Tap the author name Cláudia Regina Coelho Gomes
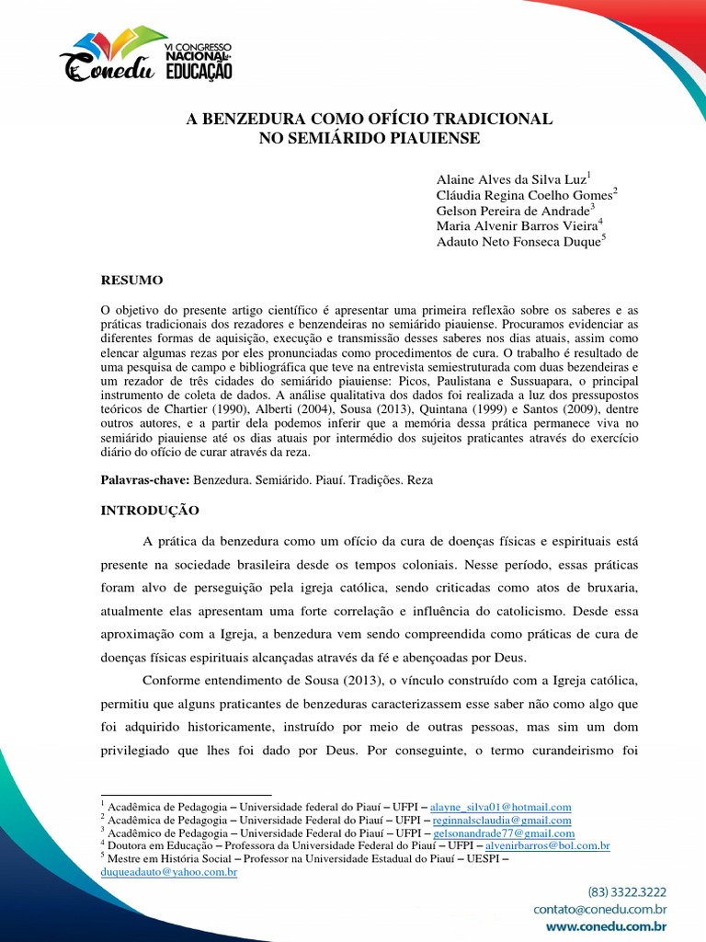point(524,194)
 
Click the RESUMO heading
point(131,279)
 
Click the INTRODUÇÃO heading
point(149,509)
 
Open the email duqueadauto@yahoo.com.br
point(169,871)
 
